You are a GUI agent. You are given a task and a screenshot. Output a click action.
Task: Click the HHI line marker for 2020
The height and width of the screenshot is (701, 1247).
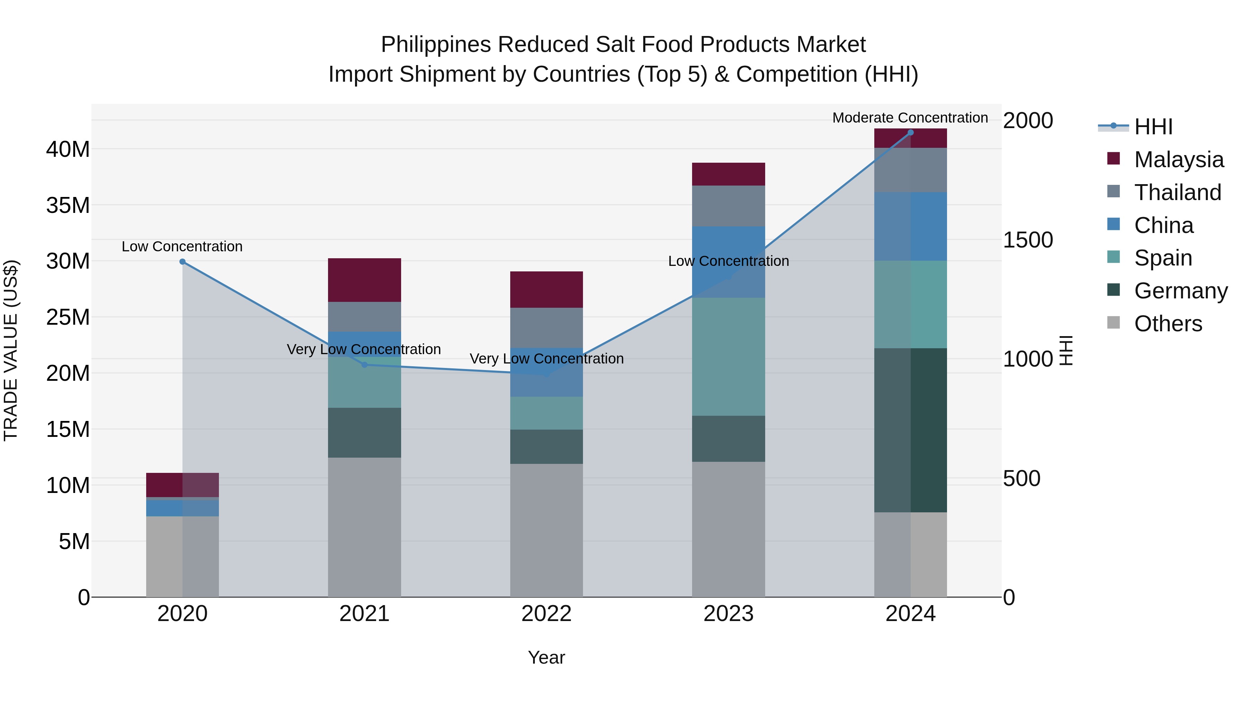[x=183, y=262]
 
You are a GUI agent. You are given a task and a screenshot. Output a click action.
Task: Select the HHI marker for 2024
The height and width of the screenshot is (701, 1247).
[x=911, y=133]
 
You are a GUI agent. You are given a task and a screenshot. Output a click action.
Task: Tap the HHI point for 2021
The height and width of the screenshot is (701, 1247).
[x=364, y=365]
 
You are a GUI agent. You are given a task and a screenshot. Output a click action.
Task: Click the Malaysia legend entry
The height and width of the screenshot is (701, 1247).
[x=1178, y=160]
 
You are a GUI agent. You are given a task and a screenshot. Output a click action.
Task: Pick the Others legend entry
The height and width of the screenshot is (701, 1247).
[x=1168, y=324]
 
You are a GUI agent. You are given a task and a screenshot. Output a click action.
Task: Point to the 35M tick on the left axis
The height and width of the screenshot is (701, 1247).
[x=68, y=205]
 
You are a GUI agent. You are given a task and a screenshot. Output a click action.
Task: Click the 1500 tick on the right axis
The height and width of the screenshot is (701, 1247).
[x=1028, y=240]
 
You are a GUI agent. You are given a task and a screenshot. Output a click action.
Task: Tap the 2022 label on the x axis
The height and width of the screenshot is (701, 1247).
[x=547, y=614]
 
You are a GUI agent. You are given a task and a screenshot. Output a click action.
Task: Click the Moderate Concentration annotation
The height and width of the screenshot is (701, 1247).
[x=910, y=118]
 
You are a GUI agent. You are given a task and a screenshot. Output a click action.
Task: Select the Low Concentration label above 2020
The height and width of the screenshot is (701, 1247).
[x=182, y=246]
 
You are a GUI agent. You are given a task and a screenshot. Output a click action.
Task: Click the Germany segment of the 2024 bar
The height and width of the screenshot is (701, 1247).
[x=911, y=430]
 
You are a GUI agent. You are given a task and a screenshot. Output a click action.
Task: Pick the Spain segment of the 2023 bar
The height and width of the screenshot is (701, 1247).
[x=728, y=357]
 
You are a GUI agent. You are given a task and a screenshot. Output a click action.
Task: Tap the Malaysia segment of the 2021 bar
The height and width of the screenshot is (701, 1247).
[x=364, y=280]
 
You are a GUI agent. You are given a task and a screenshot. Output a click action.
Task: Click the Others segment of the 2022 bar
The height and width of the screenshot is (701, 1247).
[x=547, y=530]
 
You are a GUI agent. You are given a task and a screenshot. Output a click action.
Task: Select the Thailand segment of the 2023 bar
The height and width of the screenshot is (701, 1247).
[x=728, y=206]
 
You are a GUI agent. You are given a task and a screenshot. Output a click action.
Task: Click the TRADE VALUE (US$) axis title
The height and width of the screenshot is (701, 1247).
[x=11, y=350]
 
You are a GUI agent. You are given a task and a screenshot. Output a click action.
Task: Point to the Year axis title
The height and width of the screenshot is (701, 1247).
[x=547, y=657]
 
